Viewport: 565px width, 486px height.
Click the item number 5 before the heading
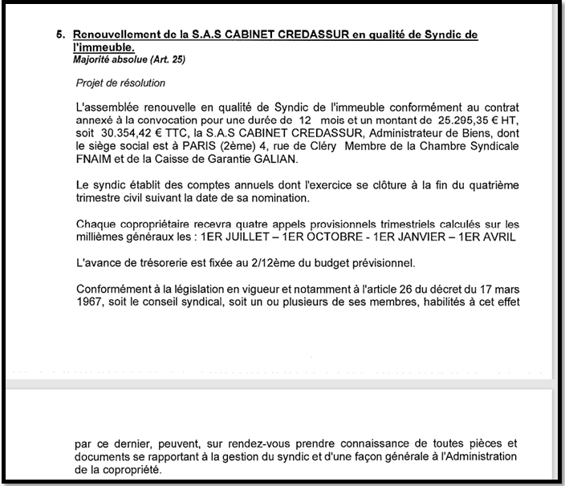pos(59,35)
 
